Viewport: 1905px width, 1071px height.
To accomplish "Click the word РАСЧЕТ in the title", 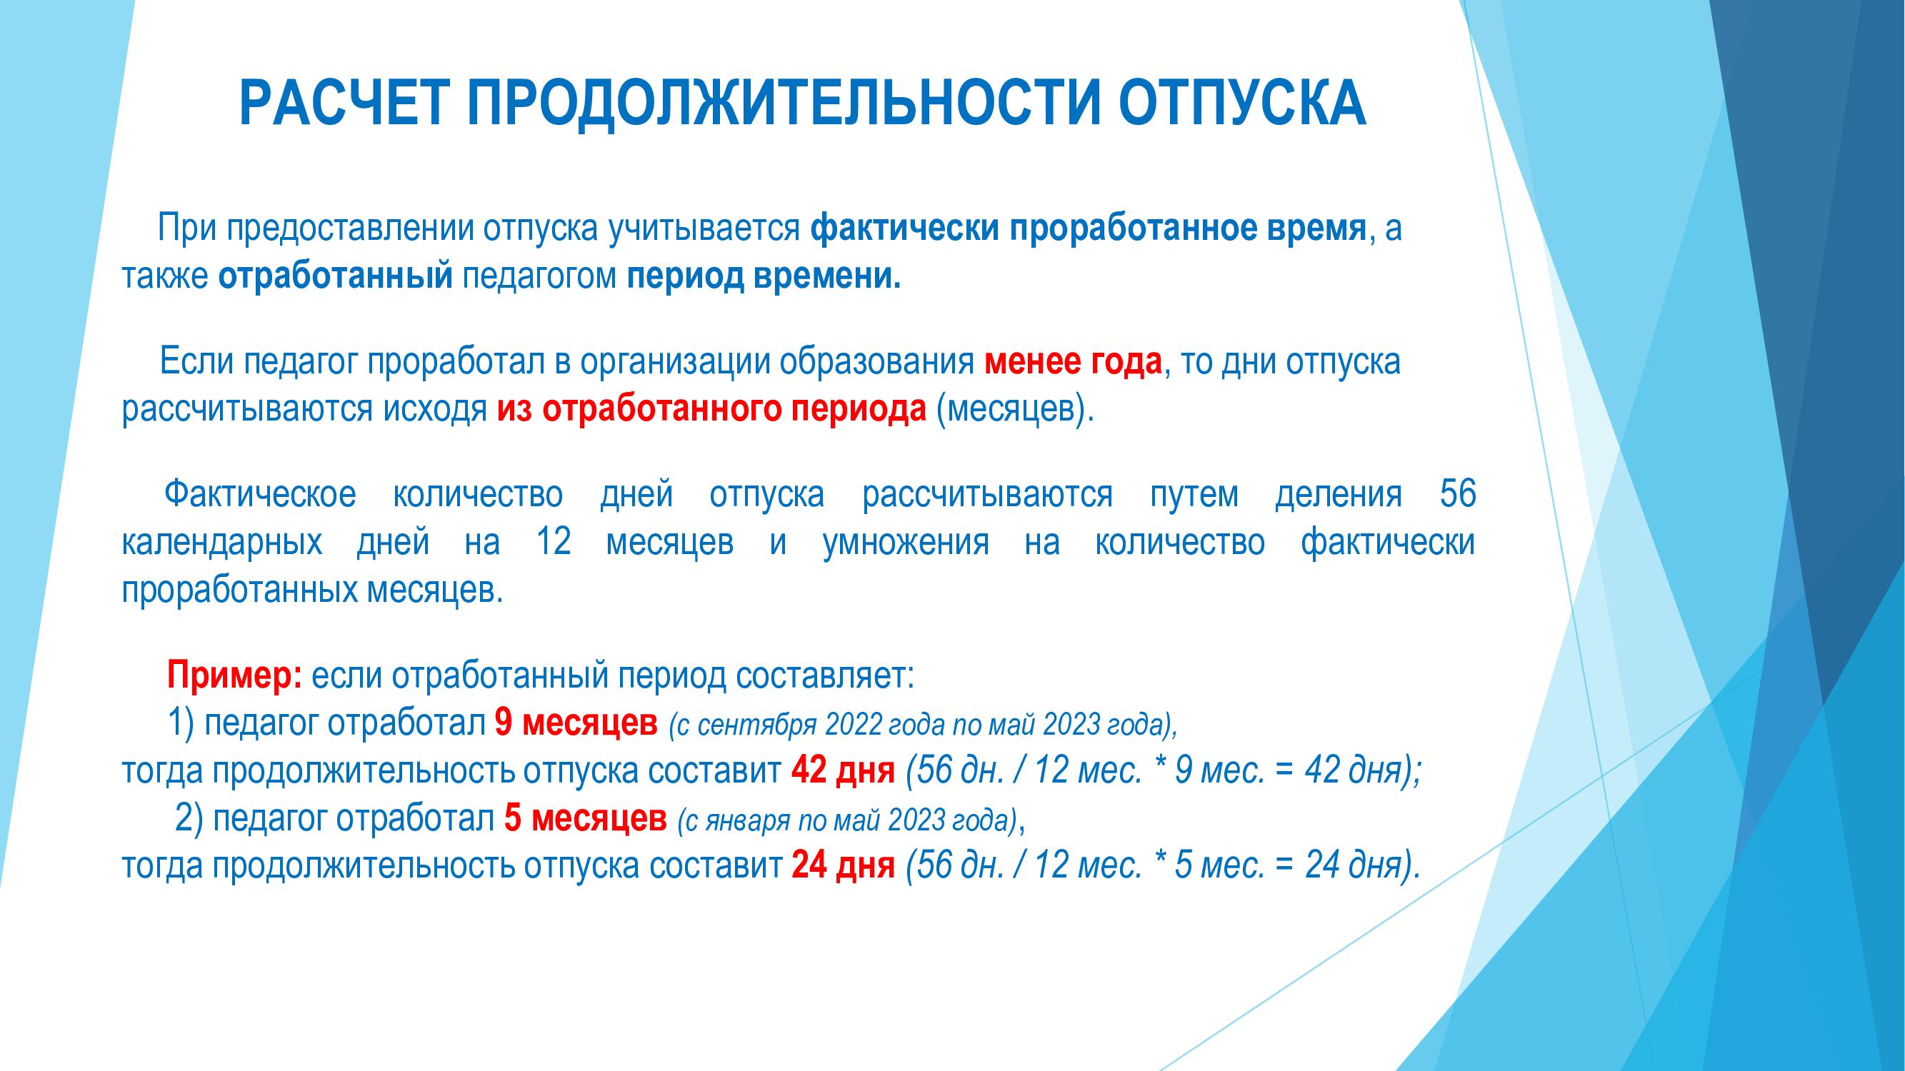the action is [x=343, y=104].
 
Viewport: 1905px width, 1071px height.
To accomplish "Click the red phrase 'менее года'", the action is [x=1073, y=362].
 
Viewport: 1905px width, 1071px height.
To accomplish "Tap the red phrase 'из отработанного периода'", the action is [x=711, y=409].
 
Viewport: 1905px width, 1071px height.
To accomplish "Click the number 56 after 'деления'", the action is [x=1458, y=494].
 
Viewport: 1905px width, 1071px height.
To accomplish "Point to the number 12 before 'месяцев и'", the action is [x=553, y=542].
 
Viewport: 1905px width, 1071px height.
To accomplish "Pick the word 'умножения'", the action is [x=906, y=542].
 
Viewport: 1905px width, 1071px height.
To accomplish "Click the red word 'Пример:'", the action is [x=234, y=675].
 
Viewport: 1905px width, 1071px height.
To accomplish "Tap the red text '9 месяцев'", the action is [x=576, y=723].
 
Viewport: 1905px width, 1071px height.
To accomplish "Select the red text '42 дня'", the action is [x=843, y=771].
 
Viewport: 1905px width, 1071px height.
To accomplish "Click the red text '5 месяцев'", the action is [x=585, y=818].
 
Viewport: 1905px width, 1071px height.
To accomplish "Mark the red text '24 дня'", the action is [x=843, y=865].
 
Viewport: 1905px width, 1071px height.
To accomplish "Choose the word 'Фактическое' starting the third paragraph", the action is [x=260, y=494].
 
